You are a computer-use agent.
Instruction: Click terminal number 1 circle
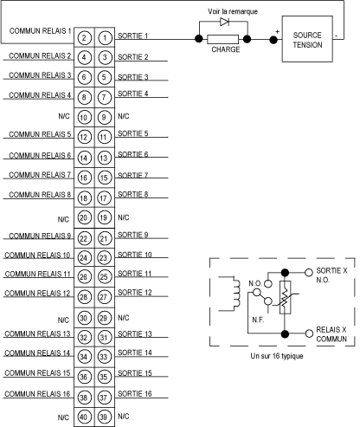tap(105, 38)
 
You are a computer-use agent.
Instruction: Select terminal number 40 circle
tap(84, 417)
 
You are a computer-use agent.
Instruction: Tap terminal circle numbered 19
tap(103, 217)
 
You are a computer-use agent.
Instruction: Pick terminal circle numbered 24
tap(84, 257)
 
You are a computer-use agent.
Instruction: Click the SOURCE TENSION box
tap(307, 39)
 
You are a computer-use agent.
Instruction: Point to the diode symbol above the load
tap(224, 22)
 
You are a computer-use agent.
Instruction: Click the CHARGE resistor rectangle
tap(222, 39)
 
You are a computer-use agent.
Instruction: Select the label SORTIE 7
tap(132, 175)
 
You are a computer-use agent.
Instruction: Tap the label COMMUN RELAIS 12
tap(37, 294)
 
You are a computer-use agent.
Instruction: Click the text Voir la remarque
tap(233, 11)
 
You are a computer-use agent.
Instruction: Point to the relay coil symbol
tap(235, 294)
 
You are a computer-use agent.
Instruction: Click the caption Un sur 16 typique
tap(277, 356)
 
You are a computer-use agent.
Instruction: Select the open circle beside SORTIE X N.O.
tap(309, 272)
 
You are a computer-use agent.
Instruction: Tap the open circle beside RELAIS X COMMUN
tap(309, 333)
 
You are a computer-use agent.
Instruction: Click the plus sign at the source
tap(277, 32)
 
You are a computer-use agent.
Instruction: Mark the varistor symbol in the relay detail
tap(285, 297)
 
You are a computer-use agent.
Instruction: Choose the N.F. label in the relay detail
tap(258, 320)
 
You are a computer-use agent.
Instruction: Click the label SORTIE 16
tap(135, 393)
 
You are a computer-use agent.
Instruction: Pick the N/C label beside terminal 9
tap(124, 116)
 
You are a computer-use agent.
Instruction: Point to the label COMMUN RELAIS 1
tap(40, 30)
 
